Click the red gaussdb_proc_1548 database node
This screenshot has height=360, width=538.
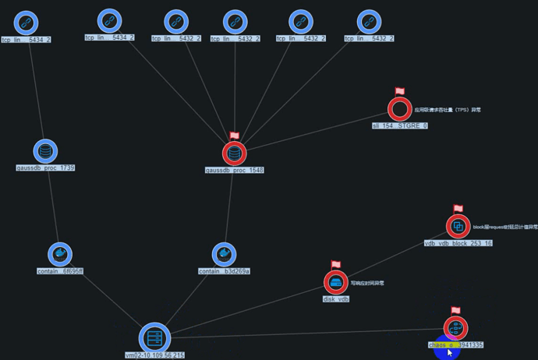coord(234,153)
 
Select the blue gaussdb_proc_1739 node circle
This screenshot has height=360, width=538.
coord(46,151)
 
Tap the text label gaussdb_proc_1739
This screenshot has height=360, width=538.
coord(46,168)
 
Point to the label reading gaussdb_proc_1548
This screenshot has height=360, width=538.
coord(235,170)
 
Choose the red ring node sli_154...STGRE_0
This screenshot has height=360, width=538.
coord(399,109)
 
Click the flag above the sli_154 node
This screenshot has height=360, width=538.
coord(400,92)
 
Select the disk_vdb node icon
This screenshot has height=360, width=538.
coord(336,282)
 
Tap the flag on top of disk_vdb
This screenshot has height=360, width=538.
coord(336,265)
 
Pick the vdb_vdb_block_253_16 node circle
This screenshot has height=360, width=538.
coord(458,227)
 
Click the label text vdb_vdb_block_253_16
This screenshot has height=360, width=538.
coord(458,243)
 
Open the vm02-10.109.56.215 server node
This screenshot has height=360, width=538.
coord(154,337)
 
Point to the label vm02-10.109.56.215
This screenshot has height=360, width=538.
coord(154,355)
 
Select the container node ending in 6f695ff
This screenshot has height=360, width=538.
coord(59,255)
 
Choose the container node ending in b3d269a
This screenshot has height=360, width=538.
coord(225,255)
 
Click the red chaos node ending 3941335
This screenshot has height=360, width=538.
coord(455,327)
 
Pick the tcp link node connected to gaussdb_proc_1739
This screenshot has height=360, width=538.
coord(27,22)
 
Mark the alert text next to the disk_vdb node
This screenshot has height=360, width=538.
coord(368,283)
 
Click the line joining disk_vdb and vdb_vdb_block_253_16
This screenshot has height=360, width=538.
coord(398,254)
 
